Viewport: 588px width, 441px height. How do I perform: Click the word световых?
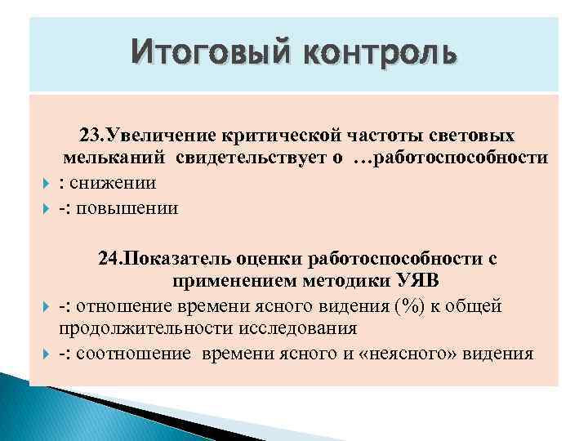click(x=475, y=133)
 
